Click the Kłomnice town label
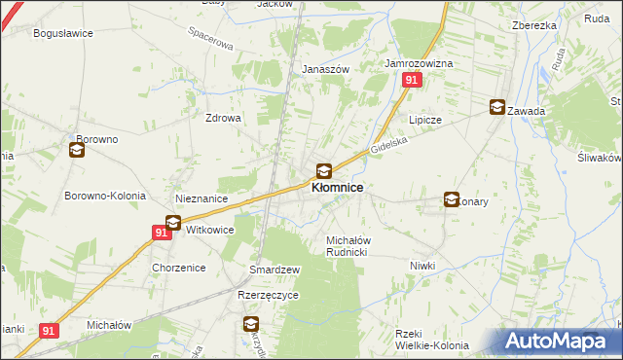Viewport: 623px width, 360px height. coord(338,188)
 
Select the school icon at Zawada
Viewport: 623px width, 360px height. coord(498,108)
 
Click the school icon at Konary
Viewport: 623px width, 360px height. coord(452,199)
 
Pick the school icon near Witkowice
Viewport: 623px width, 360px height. coord(173,223)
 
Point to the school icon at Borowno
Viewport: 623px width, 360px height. coord(77,150)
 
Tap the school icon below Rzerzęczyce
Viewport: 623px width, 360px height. coord(251,324)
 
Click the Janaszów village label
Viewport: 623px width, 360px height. coord(325,70)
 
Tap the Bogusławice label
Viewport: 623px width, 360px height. coord(63,33)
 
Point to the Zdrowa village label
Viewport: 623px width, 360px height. coord(222,118)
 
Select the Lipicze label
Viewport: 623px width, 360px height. coord(425,120)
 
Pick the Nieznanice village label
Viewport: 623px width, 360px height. coord(202,198)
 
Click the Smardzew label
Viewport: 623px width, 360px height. coord(275,269)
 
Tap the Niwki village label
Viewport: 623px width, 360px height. coord(421,266)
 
